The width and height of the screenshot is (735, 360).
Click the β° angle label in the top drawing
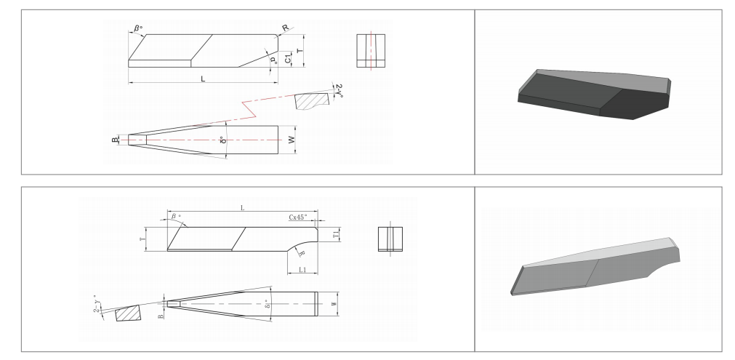[138, 30]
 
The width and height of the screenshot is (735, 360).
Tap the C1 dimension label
[289, 60]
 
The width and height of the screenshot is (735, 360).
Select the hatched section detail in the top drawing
[311, 100]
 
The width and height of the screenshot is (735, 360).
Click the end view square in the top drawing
[371, 51]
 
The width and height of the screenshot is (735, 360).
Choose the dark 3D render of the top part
[593, 95]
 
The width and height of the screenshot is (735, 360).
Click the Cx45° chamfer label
[301, 217]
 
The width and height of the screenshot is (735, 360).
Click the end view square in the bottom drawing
[390, 239]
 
